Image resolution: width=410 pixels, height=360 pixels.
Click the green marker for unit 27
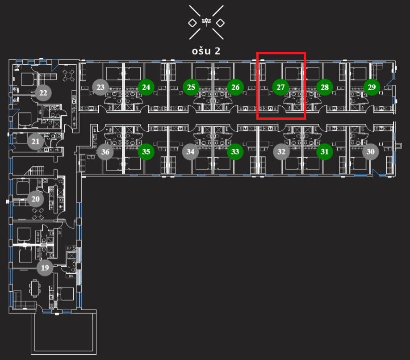coord(280,87)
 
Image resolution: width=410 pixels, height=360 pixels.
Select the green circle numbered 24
coord(146,87)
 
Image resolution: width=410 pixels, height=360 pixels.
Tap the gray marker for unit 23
coord(100,87)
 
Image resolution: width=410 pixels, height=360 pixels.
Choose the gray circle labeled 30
coord(370,151)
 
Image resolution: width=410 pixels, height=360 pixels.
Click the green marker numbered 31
coord(325,152)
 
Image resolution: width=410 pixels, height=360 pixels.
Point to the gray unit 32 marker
coord(281,152)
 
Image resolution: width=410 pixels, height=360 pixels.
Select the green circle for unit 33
coord(235,152)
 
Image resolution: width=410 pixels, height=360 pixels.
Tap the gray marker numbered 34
coord(191,152)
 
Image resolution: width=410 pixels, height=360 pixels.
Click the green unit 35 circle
coord(146,152)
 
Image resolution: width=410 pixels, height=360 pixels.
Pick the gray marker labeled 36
coord(105,152)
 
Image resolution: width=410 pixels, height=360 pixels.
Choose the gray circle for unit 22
coord(43,93)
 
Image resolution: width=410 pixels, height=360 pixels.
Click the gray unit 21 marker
coord(35,142)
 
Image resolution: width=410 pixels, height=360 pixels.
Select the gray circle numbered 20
coord(36,199)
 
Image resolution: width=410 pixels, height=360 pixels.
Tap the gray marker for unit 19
coord(45,268)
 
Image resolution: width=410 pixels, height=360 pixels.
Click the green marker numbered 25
coord(191,87)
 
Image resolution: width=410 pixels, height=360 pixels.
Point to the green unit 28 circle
coord(325,87)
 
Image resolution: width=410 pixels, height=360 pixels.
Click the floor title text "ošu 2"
coord(206,50)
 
